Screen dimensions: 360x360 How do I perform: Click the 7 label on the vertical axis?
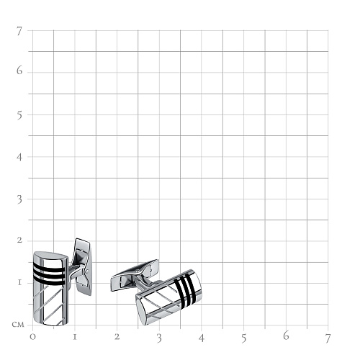tap(19, 31)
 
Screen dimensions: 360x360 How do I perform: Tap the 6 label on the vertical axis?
tap(19, 71)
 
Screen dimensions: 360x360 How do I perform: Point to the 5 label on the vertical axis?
tap(19, 116)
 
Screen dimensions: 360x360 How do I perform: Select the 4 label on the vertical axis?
tap(19, 157)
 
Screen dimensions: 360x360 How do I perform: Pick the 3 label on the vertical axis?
tap(19, 199)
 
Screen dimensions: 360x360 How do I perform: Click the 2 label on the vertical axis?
tap(19, 240)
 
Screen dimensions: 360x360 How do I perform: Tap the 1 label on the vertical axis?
tap(19, 282)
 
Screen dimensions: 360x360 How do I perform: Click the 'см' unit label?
tap(18, 325)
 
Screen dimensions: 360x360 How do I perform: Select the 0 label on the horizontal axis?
tap(32, 337)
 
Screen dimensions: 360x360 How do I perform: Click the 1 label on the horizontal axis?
tap(75, 337)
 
